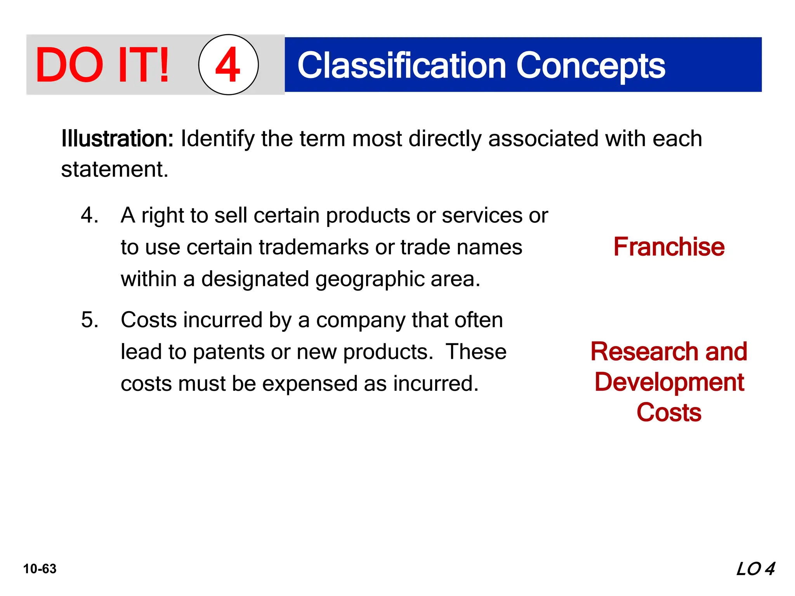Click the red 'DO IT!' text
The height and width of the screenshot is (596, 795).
[102, 65]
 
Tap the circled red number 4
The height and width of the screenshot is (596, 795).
[228, 65]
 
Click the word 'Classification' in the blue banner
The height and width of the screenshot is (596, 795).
[401, 66]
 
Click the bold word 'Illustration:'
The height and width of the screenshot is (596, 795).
[117, 139]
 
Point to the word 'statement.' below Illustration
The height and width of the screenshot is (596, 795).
[115, 169]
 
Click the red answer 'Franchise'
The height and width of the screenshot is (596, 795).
[669, 247]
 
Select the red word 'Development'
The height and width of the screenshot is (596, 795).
[669, 382]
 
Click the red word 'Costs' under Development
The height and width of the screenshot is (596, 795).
[669, 412]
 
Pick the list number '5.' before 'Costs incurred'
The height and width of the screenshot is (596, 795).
[90, 320]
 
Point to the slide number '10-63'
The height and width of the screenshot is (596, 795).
[40, 569]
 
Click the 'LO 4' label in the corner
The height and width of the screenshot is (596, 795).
[755, 569]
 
